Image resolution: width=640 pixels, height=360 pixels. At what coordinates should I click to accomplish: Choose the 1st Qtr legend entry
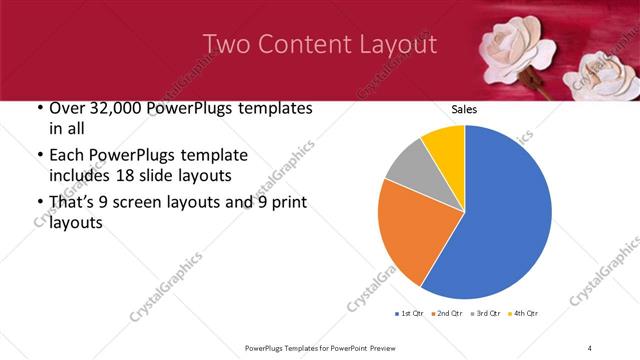412,314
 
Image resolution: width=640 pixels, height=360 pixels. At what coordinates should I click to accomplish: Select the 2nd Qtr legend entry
446,314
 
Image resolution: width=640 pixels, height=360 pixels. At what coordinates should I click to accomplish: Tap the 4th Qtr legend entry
522,314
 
